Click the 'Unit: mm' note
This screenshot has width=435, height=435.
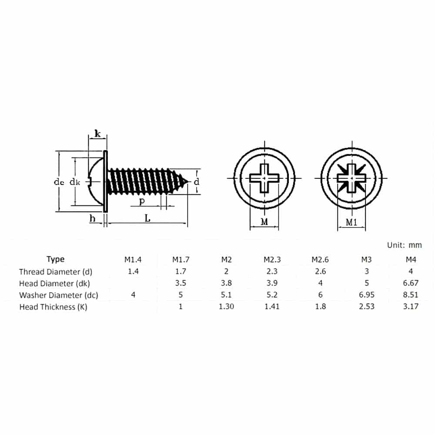click(x=404, y=245)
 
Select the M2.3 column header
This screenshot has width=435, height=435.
click(x=272, y=260)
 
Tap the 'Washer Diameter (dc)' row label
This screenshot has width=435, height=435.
click(x=59, y=295)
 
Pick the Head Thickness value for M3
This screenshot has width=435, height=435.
click(x=366, y=307)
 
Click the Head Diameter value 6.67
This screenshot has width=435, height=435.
click(x=411, y=283)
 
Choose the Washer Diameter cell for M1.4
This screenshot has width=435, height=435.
click(x=133, y=294)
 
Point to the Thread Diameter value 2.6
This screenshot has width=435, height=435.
click(x=320, y=271)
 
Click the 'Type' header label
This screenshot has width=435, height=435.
click(x=56, y=259)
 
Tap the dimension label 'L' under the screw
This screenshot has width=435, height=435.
click(x=147, y=218)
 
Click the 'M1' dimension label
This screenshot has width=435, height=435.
click(x=351, y=222)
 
